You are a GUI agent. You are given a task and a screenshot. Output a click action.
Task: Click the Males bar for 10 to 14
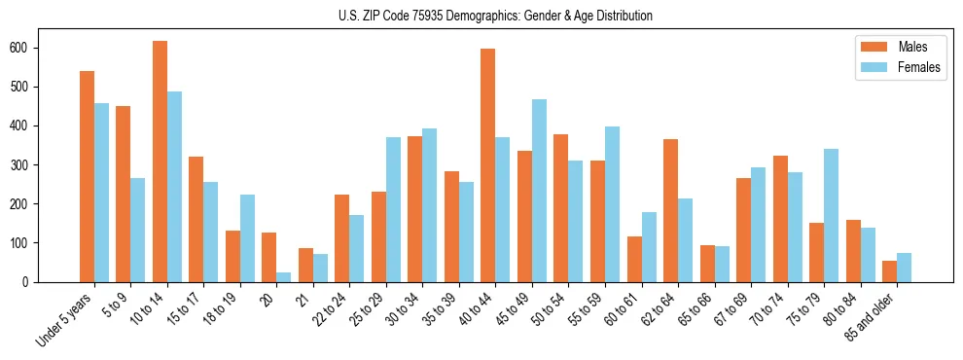pyautogui.click(x=160, y=162)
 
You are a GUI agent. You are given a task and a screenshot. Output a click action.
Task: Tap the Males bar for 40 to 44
pyautogui.click(x=488, y=165)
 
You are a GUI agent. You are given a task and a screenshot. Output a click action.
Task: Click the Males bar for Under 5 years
pyautogui.click(x=87, y=176)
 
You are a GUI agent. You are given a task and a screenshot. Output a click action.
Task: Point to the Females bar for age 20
pyautogui.click(x=284, y=277)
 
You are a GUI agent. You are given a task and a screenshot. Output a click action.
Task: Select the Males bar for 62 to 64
pyautogui.click(x=671, y=210)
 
